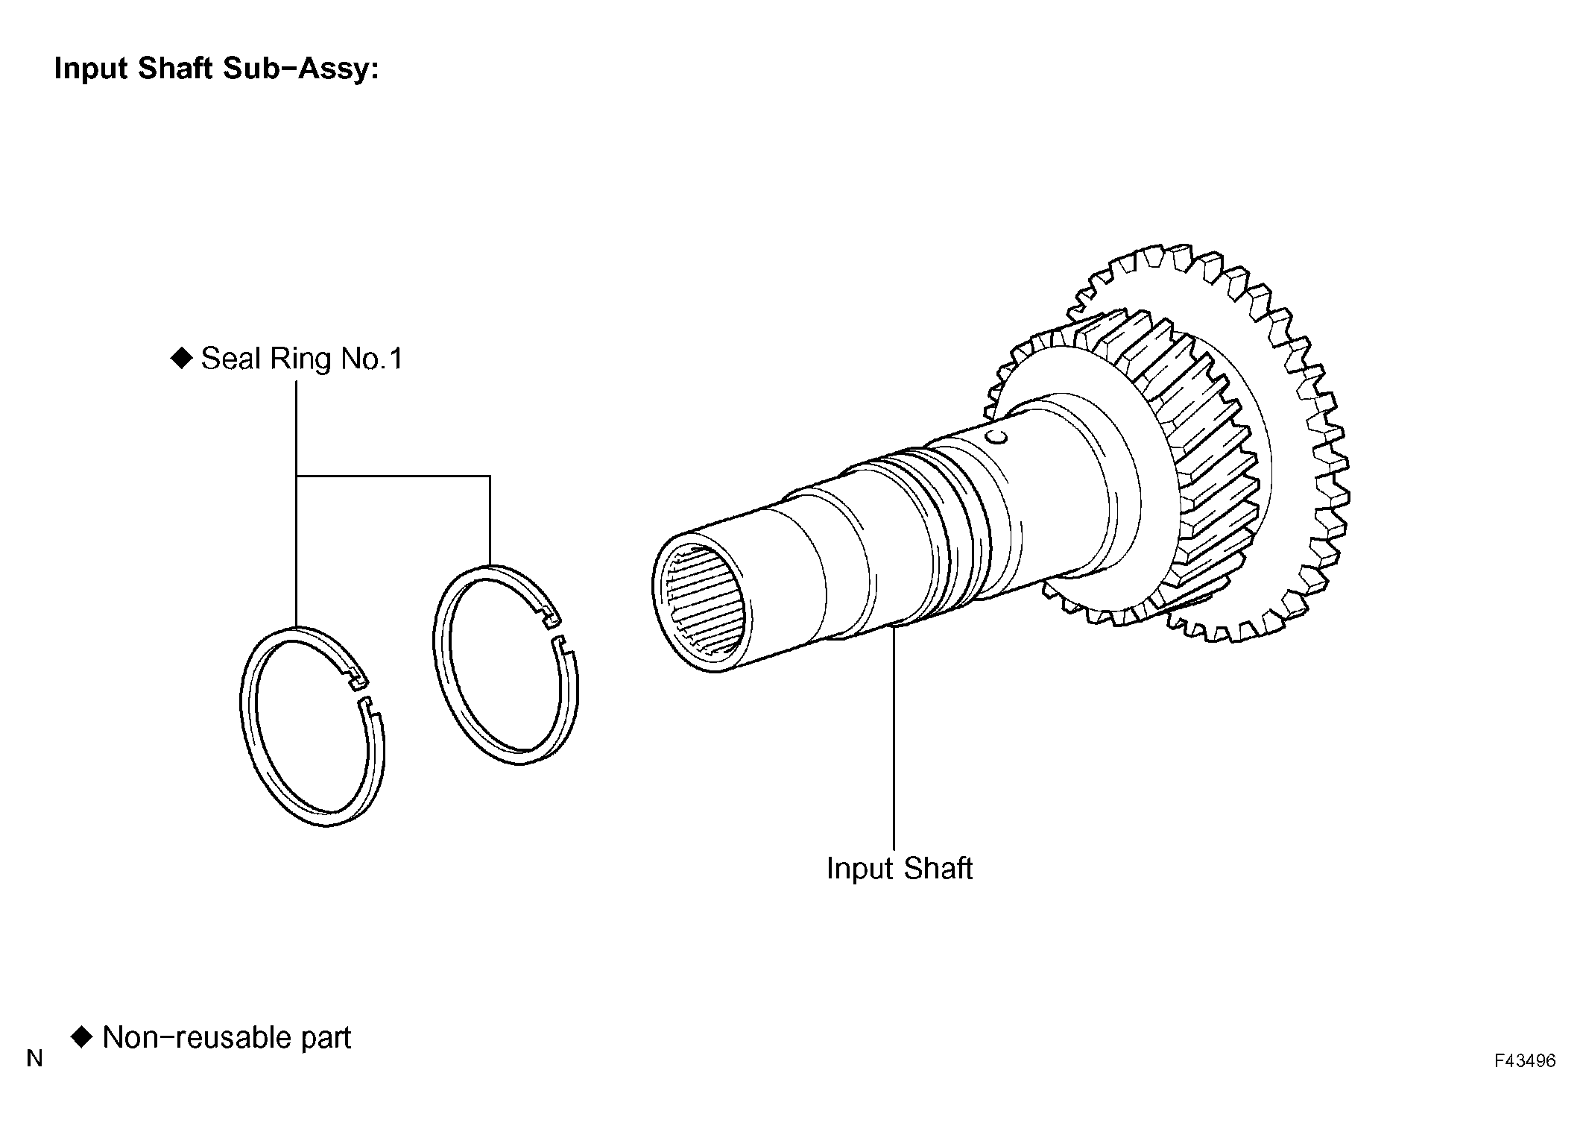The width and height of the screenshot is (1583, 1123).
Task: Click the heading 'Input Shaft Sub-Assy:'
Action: tap(217, 69)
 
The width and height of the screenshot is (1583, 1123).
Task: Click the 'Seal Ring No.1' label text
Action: tap(302, 359)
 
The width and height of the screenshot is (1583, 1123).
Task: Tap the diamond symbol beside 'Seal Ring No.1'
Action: tap(181, 359)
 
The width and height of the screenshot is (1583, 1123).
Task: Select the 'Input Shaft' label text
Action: tap(900, 869)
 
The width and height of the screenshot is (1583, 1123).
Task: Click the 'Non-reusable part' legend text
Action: tap(227, 1038)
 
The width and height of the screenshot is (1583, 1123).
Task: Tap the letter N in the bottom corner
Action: tap(34, 1059)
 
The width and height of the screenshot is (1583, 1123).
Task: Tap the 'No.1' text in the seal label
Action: tap(372, 359)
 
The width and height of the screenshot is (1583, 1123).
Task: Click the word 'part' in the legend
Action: tap(326, 1039)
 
